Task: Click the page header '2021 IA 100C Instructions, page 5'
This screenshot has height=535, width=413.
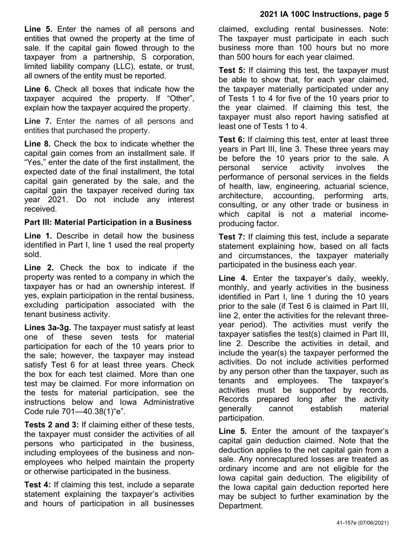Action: [324, 14]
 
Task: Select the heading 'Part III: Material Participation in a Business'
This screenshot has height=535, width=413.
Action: [108, 222]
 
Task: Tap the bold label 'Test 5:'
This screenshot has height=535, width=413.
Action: [232, 70]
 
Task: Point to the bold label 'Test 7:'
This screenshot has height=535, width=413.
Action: [232, 237]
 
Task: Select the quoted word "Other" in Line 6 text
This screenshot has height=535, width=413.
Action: [181, 99]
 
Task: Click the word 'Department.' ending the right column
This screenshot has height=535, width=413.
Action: [240, 506]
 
